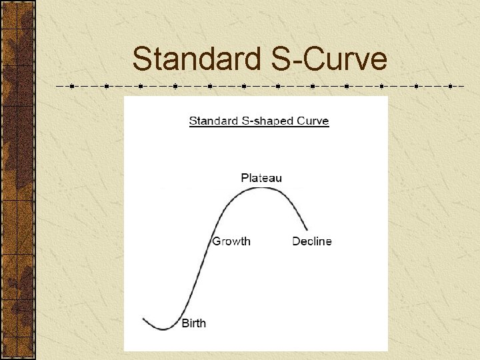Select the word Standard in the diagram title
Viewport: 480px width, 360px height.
tap(210, 121)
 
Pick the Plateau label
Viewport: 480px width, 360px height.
tap(261, 177)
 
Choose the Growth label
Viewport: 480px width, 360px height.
tap(231, 241)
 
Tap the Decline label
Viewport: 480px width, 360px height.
tap(311, 241)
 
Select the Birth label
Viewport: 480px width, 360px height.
tap(194, 323)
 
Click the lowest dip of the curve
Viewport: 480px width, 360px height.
tap(164, 329)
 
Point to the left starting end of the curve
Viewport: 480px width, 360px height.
tap(143, 319)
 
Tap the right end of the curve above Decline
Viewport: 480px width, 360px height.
tap(307, 230)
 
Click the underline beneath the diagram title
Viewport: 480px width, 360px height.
tap(259, 127)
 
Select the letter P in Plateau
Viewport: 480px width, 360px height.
tap(245, 177)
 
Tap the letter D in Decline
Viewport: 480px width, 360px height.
tap(296, 241)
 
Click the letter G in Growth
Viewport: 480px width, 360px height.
tap(216, 241)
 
